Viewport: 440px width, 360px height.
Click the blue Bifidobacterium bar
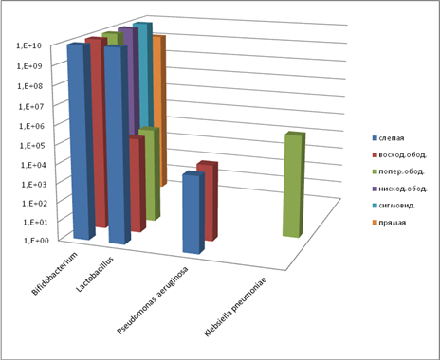pyautogui.click(x=81, y=142)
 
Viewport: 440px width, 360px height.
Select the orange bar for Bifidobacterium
pyautogui.click(x=159, y=111)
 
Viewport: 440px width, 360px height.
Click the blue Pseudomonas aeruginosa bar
pyautogui.click(x=192, y=213)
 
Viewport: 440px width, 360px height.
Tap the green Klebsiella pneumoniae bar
pyautogui.click(x=293, y=186)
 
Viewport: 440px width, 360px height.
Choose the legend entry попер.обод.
pyautogui.click(x=398, y=171)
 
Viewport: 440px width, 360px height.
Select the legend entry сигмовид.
pyautogui.click(x=394, y=206)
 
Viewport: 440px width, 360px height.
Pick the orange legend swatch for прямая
pyautogui.click(x=375, y=223)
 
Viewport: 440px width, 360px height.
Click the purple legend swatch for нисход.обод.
pyautogui.click(x=375, y=189)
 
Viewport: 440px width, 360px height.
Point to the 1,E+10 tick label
pyautogui.click(x=28, y=45)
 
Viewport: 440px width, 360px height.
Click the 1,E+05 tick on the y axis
pyautogui.click(x=32, y=146)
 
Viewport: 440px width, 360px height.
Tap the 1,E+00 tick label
pyautogui.click(x=36, y=241)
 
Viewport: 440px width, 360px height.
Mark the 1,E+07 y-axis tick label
pyautogui.click(x=31, y=106)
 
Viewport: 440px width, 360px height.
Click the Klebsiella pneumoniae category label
pyautogui.click(x=235, y=307)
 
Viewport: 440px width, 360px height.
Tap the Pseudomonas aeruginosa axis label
pyautogui.click(x=153, y=300)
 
